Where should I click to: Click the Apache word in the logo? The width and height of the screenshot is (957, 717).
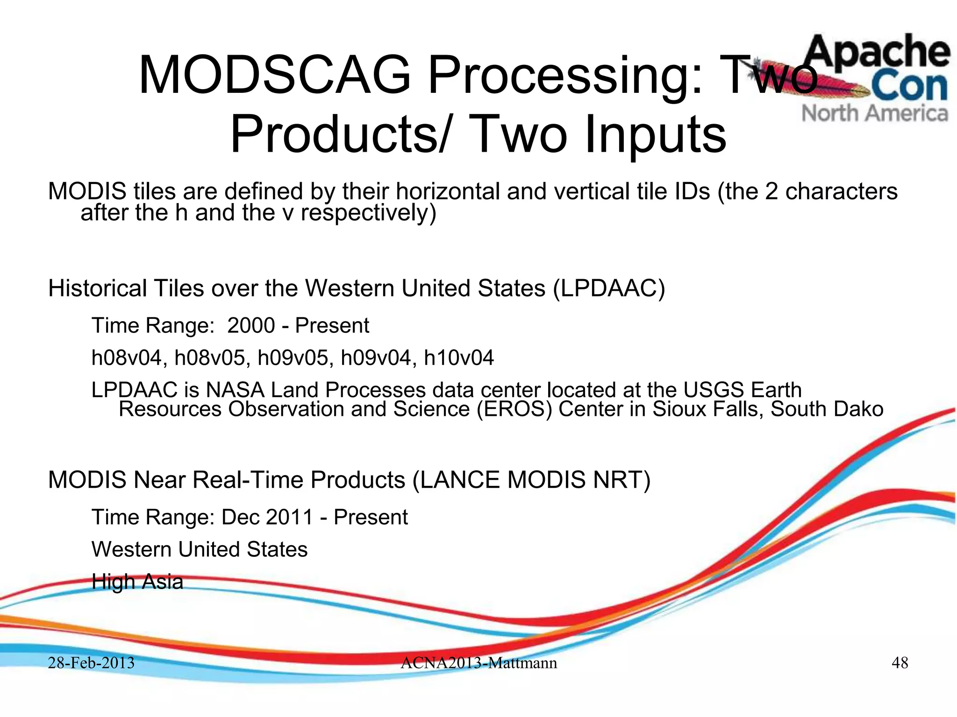878,52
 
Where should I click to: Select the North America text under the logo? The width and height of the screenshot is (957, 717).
875,113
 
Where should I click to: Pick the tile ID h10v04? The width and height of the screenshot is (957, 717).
458,358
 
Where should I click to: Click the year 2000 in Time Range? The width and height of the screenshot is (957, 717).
251,325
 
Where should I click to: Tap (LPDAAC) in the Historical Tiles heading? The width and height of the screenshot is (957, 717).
608,288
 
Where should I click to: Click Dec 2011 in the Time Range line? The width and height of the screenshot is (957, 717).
267,517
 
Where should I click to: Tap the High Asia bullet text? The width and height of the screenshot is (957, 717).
137,582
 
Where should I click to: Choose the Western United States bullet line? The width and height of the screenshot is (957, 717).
200,549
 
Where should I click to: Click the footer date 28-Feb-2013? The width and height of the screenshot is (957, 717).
91,662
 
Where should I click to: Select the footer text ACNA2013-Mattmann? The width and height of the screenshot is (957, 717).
478,662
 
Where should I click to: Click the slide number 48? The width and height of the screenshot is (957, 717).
900,662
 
